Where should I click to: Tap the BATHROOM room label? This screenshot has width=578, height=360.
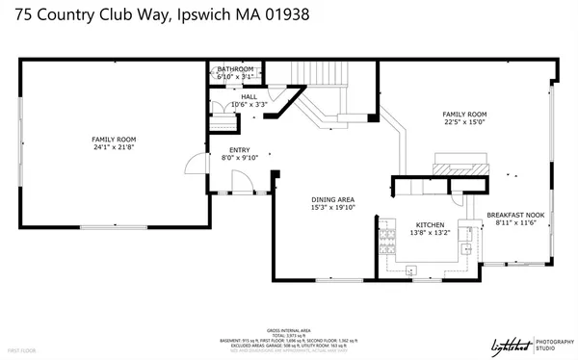pyautogui.click(x=235, y=69)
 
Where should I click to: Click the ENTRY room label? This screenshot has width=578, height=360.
pyautogui.click(x=239, y=149)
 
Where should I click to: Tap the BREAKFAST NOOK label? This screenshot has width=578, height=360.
pyautogui.click(x=514, y=215)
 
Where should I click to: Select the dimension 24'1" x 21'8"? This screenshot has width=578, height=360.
pyautogui.click(x=114, y=148)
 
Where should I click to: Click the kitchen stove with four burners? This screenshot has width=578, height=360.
pyautogui.click(x=389, y=234)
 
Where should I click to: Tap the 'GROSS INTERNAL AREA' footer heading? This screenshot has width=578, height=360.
pyautogui.click(x=288, y=328)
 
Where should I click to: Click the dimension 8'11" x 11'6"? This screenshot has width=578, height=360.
pyautogui.click(x=514, y=223)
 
